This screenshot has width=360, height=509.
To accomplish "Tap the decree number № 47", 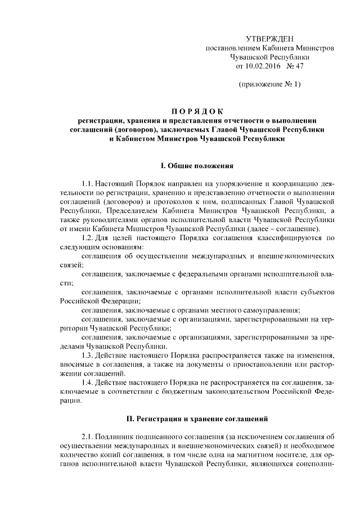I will click(x=294, y=66).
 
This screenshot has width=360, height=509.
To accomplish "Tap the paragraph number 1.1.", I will click(x=88, y=183).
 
